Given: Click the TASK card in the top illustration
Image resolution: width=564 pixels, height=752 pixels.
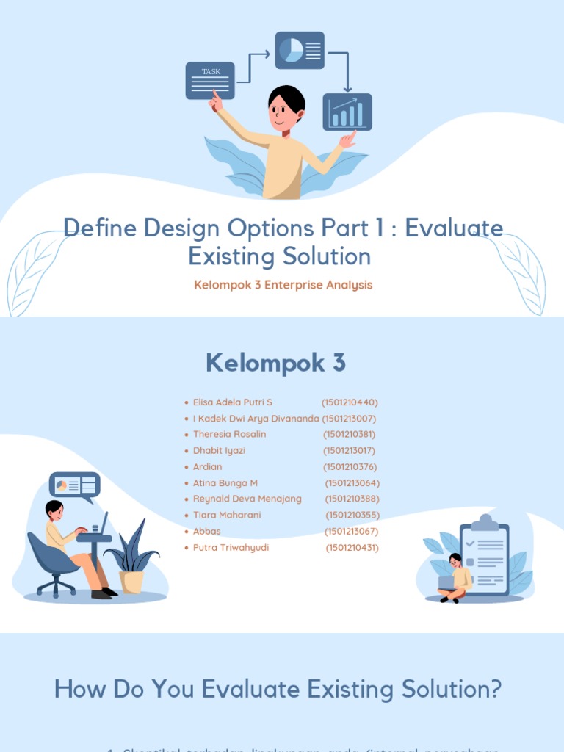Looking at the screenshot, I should [x=210, y=81].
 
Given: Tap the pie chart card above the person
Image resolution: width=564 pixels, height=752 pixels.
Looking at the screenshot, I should [x=300, y=51].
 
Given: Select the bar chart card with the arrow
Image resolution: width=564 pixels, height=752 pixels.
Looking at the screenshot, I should [x=347, y=112].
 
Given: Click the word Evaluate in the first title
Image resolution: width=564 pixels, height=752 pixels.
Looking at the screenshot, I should [x=454, y=228].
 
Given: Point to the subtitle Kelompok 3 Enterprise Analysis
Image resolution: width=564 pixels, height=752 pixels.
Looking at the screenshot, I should [x=283, y=285].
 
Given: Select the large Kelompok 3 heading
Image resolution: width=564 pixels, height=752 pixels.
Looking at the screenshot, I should [x=275, y=363].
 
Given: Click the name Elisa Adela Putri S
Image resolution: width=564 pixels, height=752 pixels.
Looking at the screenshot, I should [x=233, y=402].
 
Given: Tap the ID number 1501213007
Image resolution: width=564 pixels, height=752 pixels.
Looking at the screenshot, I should [x=349, y=419].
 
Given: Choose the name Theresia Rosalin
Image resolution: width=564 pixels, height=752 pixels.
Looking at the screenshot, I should [x=230, y=434].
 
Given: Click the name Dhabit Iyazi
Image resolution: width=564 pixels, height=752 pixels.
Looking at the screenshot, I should [x=219, y=450].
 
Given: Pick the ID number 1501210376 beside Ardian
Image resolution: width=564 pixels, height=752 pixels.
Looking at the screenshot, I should [x=350, y=467].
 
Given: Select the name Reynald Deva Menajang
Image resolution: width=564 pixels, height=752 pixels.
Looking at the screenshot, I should [x=247, y=499].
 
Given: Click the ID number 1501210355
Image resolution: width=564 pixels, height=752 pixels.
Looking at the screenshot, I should [x=352, y=515].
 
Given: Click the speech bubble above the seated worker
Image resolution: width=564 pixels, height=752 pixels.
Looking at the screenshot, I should [x=75, y=485].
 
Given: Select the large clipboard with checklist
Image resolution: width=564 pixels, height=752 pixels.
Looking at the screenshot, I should [x=485, y=556].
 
